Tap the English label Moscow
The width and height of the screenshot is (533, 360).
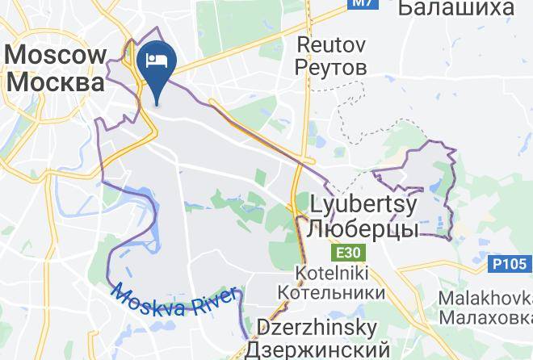tap(56, 56)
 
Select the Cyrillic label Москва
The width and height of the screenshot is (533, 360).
tap(56, 82)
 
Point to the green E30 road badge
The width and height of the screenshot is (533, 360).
tap(349, 253)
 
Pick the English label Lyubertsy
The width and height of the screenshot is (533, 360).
tap(362, 204)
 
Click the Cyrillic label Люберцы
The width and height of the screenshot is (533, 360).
tap(362, 228)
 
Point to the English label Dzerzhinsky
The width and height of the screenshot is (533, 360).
tap(317, 328)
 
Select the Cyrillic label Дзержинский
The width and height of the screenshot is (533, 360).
tap(317, 350)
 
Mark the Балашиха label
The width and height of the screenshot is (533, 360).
tap(456, 8)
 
